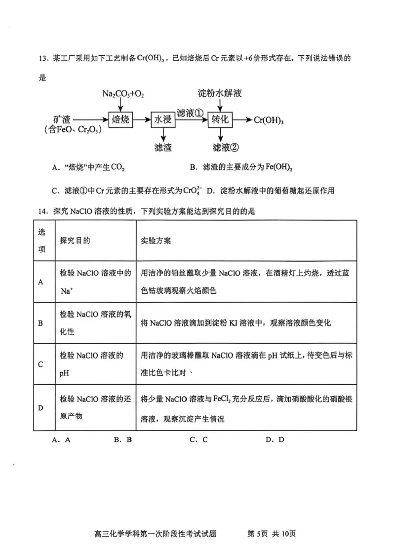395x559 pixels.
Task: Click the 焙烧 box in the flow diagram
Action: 121,120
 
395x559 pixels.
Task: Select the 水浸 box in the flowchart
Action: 163,120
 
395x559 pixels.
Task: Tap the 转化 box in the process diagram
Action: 220,120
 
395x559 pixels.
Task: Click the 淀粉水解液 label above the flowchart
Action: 219,93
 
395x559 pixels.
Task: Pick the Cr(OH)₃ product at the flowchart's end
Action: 269,120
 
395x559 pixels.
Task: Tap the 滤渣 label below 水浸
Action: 163,147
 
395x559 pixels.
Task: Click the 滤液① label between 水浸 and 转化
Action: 190,113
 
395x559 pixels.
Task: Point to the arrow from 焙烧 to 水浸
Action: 142,120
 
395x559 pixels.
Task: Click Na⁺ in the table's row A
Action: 66,291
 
